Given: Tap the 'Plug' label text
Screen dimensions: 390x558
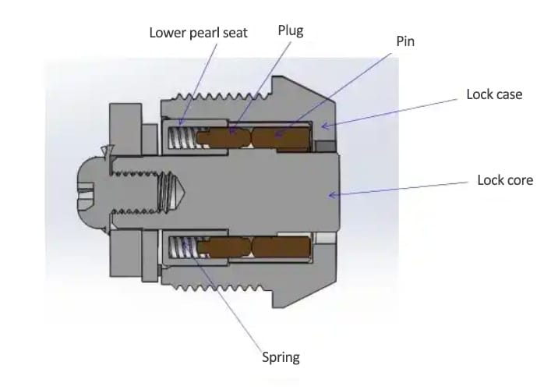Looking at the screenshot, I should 291,30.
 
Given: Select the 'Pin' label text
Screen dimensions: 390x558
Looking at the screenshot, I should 405,41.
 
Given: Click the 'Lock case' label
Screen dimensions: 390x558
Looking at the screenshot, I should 494,94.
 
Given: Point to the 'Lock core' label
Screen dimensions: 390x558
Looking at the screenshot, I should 505,180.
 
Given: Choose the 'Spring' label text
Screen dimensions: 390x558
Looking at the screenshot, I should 281,358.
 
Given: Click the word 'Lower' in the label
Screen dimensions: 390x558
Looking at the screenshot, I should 165,34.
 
